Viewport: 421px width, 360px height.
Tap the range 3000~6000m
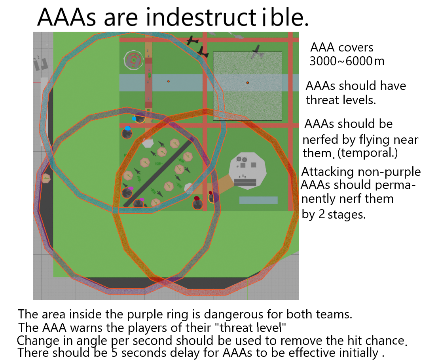tap(347, 61)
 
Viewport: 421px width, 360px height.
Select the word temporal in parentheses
tap(368, 153)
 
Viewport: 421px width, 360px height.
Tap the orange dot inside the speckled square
tap(248, 83)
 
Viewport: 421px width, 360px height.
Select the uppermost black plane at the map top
tap(193, 40)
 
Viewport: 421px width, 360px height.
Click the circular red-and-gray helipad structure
tap(133, 60)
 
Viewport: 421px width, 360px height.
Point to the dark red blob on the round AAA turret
tap(197, 198)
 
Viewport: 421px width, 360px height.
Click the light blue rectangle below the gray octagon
tap(258, 200)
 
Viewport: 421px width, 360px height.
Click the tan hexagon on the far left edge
tap(46, 178)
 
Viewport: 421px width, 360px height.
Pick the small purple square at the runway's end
tap(192, 140)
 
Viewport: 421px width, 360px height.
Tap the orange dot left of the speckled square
tap(168, 82)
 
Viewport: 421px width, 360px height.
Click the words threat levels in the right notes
tap(341, 100)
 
